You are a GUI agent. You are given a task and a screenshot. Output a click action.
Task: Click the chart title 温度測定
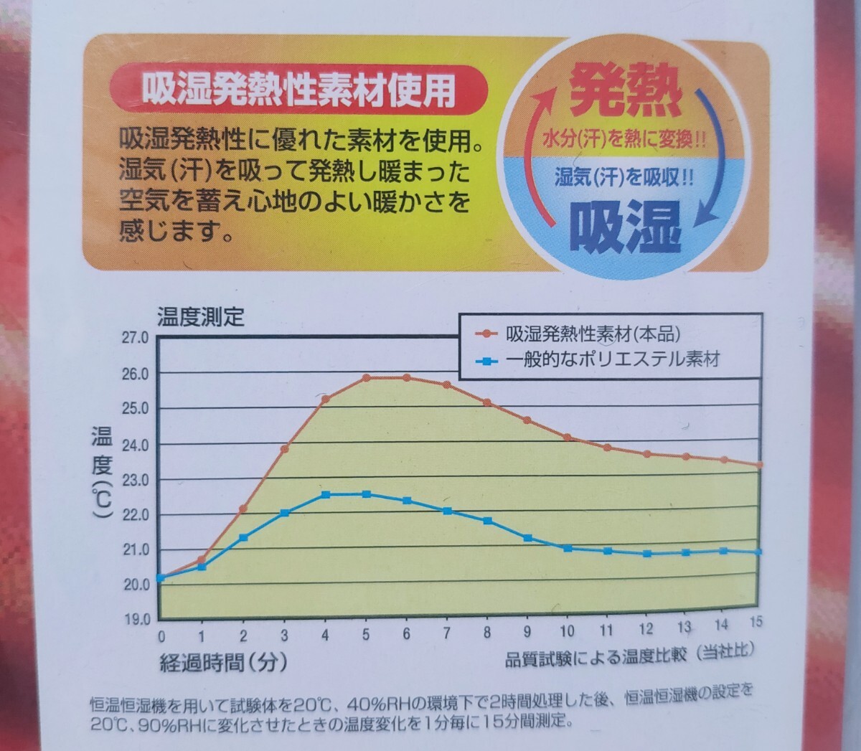coord(202,316)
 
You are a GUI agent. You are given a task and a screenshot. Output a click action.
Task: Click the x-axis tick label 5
coord(367,634)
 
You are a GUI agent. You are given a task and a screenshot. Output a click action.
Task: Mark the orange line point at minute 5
coord(366,378)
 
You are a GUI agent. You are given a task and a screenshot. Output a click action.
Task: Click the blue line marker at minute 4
coord(325,495)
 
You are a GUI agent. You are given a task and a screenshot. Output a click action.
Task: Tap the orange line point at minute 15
coord(759,465)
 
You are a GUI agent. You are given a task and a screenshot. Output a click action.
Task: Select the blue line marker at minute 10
coord(568,548)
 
